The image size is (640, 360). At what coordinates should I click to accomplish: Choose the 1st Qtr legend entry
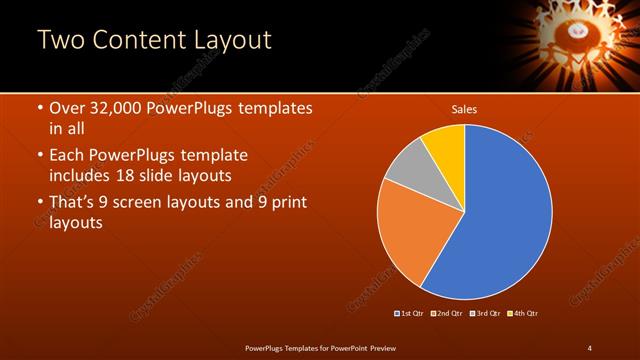[x=410, y=314]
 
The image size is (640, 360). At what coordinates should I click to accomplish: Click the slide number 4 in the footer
[x=589, y=347]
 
